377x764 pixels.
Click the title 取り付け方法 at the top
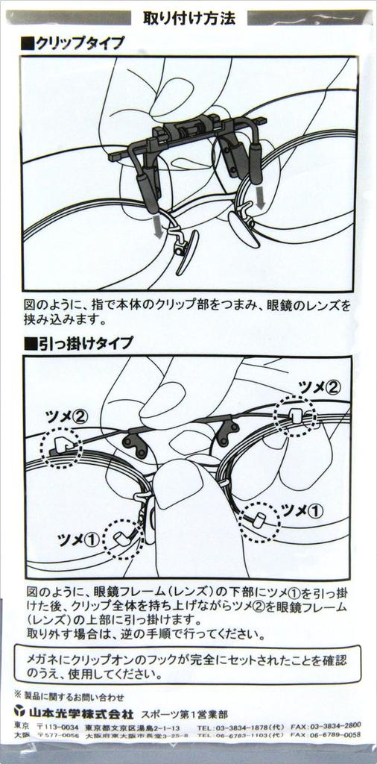[x=188, y=19]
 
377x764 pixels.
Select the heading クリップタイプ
[x=75, y=43]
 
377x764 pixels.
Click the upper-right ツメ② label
[x=319, y=386]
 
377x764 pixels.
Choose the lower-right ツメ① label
[x=302, y=510]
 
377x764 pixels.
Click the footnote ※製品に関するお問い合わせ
[x=69, y=696]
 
